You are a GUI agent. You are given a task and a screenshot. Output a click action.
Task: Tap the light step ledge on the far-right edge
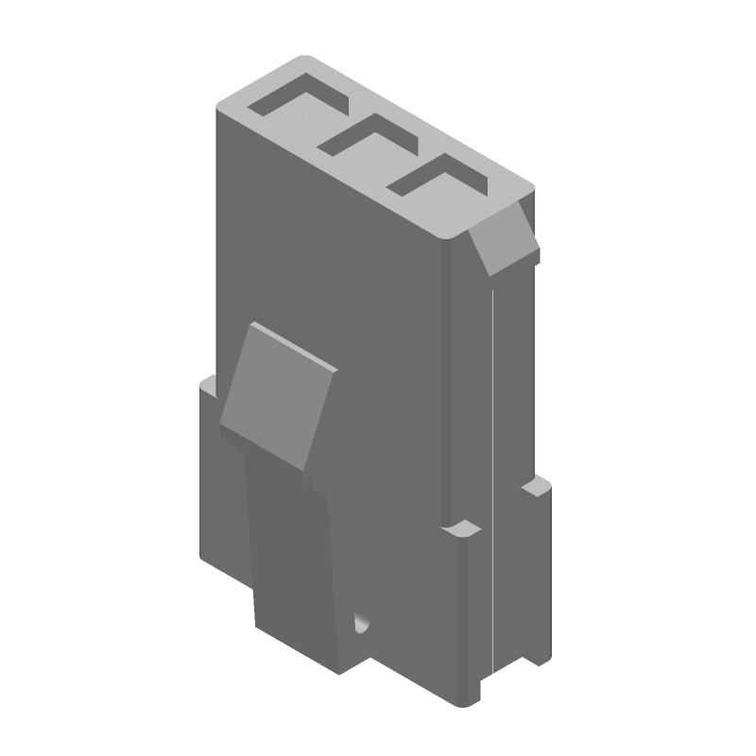click(536, 488)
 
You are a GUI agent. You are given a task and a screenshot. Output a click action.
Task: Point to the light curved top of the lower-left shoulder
click(210, 382)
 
